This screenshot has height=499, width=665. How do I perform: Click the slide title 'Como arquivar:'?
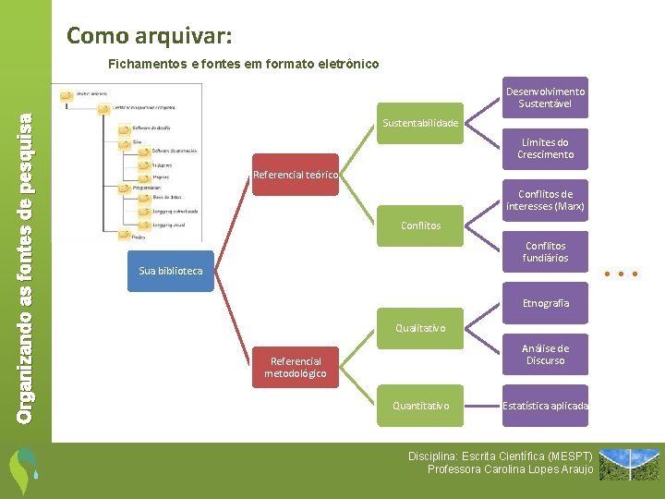coord(150,37)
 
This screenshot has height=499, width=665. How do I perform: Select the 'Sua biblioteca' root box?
coord(170,271)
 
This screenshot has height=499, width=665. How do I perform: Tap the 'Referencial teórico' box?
coord(296,175)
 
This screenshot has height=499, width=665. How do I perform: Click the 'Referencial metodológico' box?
coord(296,367)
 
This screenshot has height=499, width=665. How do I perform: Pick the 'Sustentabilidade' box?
coord(420,123)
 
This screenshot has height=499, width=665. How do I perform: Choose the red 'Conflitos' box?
coord(420,225)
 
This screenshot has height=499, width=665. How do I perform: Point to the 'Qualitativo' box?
coord(420,328)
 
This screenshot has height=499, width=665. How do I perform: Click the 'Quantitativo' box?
coord(420,406)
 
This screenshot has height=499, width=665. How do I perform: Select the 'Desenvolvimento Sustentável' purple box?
coord(545,97)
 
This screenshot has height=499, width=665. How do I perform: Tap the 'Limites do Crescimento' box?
coord(545,149)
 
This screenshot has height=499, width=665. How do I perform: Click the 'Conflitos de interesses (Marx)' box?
coord(545,200)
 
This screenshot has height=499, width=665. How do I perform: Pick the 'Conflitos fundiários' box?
coord(545,251)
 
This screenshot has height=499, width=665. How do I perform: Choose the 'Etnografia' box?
coord(545,303)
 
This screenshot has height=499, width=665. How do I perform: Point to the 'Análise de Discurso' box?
coord(545,354)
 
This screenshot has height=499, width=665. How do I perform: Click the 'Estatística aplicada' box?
coord(545,406)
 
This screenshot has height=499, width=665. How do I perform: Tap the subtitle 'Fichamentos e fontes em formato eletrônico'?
coord(243,64)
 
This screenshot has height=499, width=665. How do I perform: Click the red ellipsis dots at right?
coord(621,274)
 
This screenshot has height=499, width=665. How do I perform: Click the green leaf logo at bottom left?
coord(22,471)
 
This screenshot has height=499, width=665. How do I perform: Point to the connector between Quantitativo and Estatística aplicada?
coord(482,406)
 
